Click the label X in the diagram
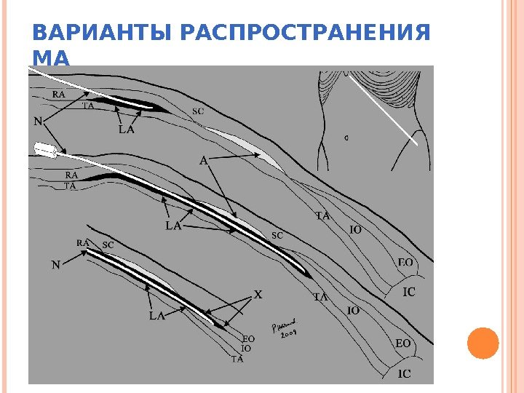click(257, 295)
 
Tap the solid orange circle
click(483, 343)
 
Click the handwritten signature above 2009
click(282, 325)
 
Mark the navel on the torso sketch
click(346, 136)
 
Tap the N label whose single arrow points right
click(56, 266)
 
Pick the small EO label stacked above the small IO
click(248, 338)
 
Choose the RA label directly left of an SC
click(83, 242)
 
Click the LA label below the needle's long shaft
click(172, 226)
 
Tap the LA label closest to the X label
click(156, 316)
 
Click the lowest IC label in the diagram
click(404, 374)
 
